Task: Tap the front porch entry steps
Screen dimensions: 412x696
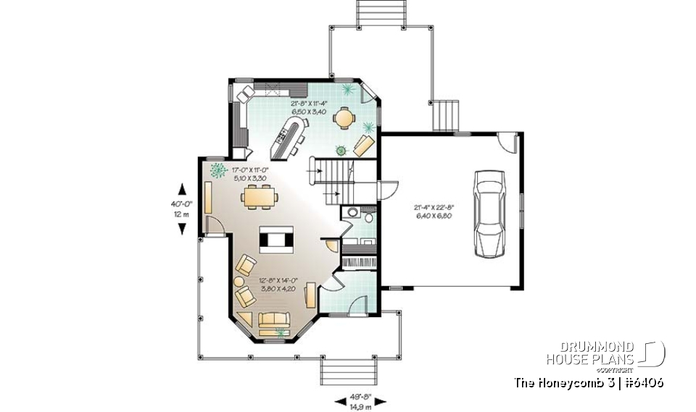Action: tap(350, 373)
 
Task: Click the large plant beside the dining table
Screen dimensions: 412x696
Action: tap(216, 171)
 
